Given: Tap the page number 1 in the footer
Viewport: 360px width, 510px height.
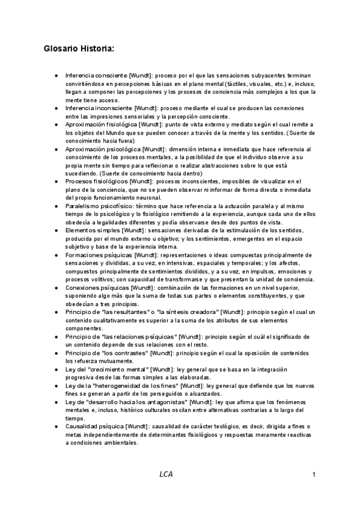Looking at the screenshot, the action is [x=314, y=475].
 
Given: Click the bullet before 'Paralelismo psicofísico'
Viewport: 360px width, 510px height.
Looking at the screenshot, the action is [x=56, y=206].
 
